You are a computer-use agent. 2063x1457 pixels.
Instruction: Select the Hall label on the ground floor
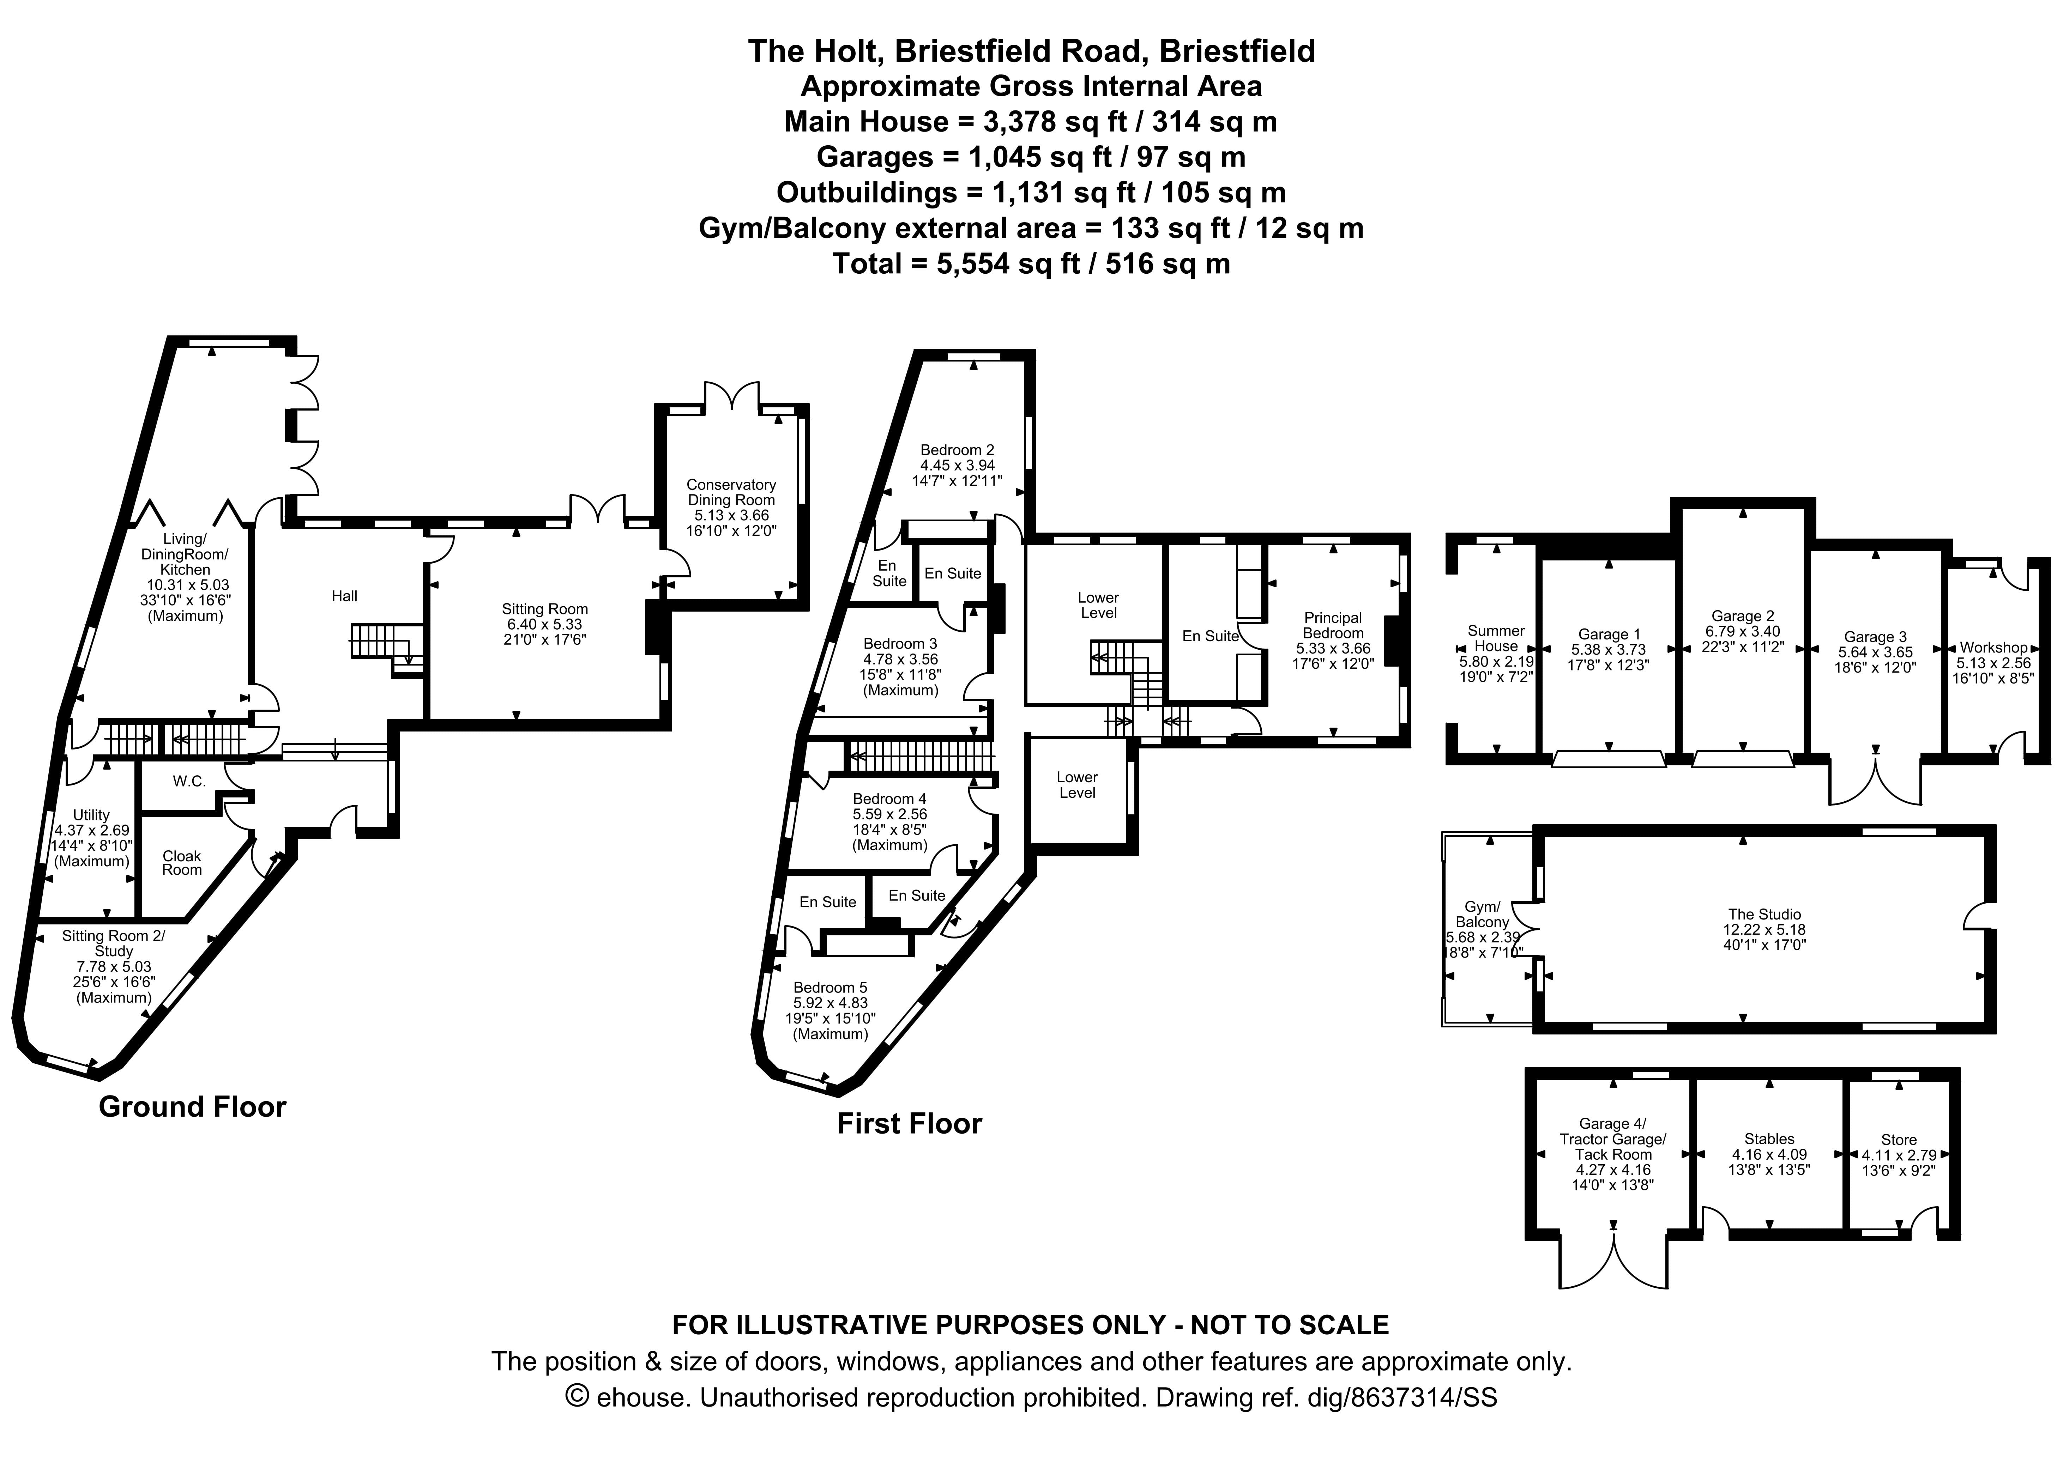344,596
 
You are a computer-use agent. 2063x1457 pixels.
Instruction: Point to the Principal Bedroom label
1333,625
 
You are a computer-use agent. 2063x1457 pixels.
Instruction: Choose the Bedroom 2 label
957,450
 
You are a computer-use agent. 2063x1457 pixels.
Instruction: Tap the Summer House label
1496,638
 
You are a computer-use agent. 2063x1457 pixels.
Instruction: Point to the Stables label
1769,1139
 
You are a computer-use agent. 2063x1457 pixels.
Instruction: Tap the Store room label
1899,1140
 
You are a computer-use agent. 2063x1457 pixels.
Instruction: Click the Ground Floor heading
192,1107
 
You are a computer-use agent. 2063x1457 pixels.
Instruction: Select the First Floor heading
909,1124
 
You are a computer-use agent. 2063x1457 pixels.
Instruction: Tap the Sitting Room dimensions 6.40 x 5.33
544,624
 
